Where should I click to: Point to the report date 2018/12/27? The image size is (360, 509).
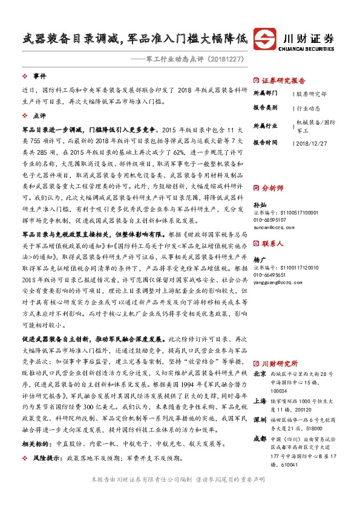point(312,143)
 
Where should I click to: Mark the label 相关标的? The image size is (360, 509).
point(37,443)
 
